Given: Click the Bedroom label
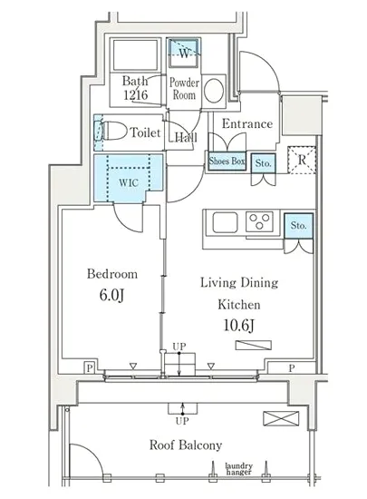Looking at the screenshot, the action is click(x=112, y=274).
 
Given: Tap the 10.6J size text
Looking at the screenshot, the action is click(x=238, y=325).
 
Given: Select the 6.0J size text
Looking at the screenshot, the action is click(x=111, y=295).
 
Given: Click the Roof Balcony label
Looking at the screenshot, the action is click(x=186, y=445).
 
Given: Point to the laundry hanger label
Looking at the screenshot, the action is click(x=239, y=469).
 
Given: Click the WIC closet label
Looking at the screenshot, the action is click(x=129, y=182).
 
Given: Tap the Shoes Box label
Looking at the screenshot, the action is click(x=227, y=161).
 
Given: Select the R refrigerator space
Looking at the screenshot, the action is click(x=302, y=160).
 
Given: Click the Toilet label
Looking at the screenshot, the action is click(x=146, y=132).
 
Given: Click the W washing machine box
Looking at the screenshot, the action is click(x=184, y=53).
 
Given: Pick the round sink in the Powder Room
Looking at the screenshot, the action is click(x=214, y=91).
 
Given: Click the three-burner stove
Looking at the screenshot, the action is click(x=259, y=221).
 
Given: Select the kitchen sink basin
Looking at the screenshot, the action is click(x=225, y=222).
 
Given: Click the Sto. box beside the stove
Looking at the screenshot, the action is click(x=298, y=226).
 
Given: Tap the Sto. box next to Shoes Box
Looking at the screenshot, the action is click(x=263, y=163).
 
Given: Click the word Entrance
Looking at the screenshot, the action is click(x=247, y=123).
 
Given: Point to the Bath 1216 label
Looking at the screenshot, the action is click(x=135, y=88).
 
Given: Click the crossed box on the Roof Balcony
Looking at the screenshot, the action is click(x=281, y=418).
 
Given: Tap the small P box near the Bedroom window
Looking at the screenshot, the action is click(x=90, y=368).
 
